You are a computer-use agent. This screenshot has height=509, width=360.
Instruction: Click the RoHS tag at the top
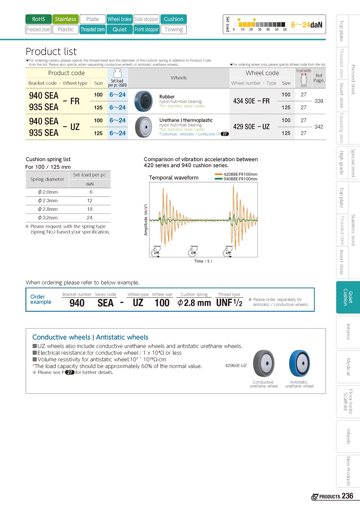click(x=39, y=19)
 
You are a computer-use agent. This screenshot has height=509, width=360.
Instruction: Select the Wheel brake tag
click(x=120, y=19)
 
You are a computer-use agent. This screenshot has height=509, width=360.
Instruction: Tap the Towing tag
click(x=174, y=30)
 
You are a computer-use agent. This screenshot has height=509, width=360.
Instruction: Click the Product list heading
click(x=51, y=51)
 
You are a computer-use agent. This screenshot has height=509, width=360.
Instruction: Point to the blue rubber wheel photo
click(x=143, y=101)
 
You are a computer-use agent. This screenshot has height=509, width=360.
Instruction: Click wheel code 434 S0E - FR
click(x=251, y=101)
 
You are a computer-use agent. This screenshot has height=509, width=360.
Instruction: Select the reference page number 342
click(x=319, y=127)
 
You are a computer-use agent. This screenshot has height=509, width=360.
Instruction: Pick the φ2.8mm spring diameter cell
click(x=48, y=209)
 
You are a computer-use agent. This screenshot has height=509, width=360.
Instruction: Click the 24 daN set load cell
click(x=90, y=218)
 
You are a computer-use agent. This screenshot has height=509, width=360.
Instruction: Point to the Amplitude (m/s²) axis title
click(x=146, y=220)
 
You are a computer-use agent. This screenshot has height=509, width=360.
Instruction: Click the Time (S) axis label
click(x=203, y=261)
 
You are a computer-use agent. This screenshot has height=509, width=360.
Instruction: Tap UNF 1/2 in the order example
click(x=229, y=303)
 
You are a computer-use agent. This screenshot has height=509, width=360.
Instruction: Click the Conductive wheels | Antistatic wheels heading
click(x=90, y=337)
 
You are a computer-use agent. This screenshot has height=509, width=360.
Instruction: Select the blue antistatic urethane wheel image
click(x=300, y=364)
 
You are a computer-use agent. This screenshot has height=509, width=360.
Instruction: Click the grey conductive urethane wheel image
click(x=264, y=364)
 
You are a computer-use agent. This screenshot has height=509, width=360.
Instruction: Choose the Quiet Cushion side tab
click(x=348, y=297)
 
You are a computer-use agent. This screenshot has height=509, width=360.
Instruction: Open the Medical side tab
click(x=348, y=367)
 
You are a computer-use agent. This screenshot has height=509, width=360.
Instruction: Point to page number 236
click(x=347, y=496)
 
